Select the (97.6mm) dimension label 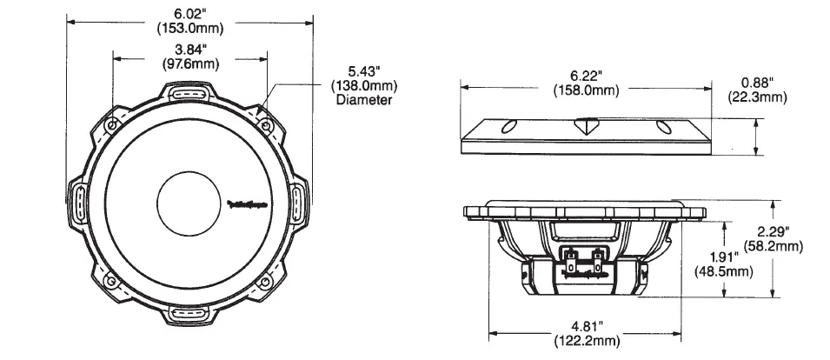[189, 64]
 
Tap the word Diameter [363, 100]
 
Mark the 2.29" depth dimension [773, 231]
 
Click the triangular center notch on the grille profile [587, 125]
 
